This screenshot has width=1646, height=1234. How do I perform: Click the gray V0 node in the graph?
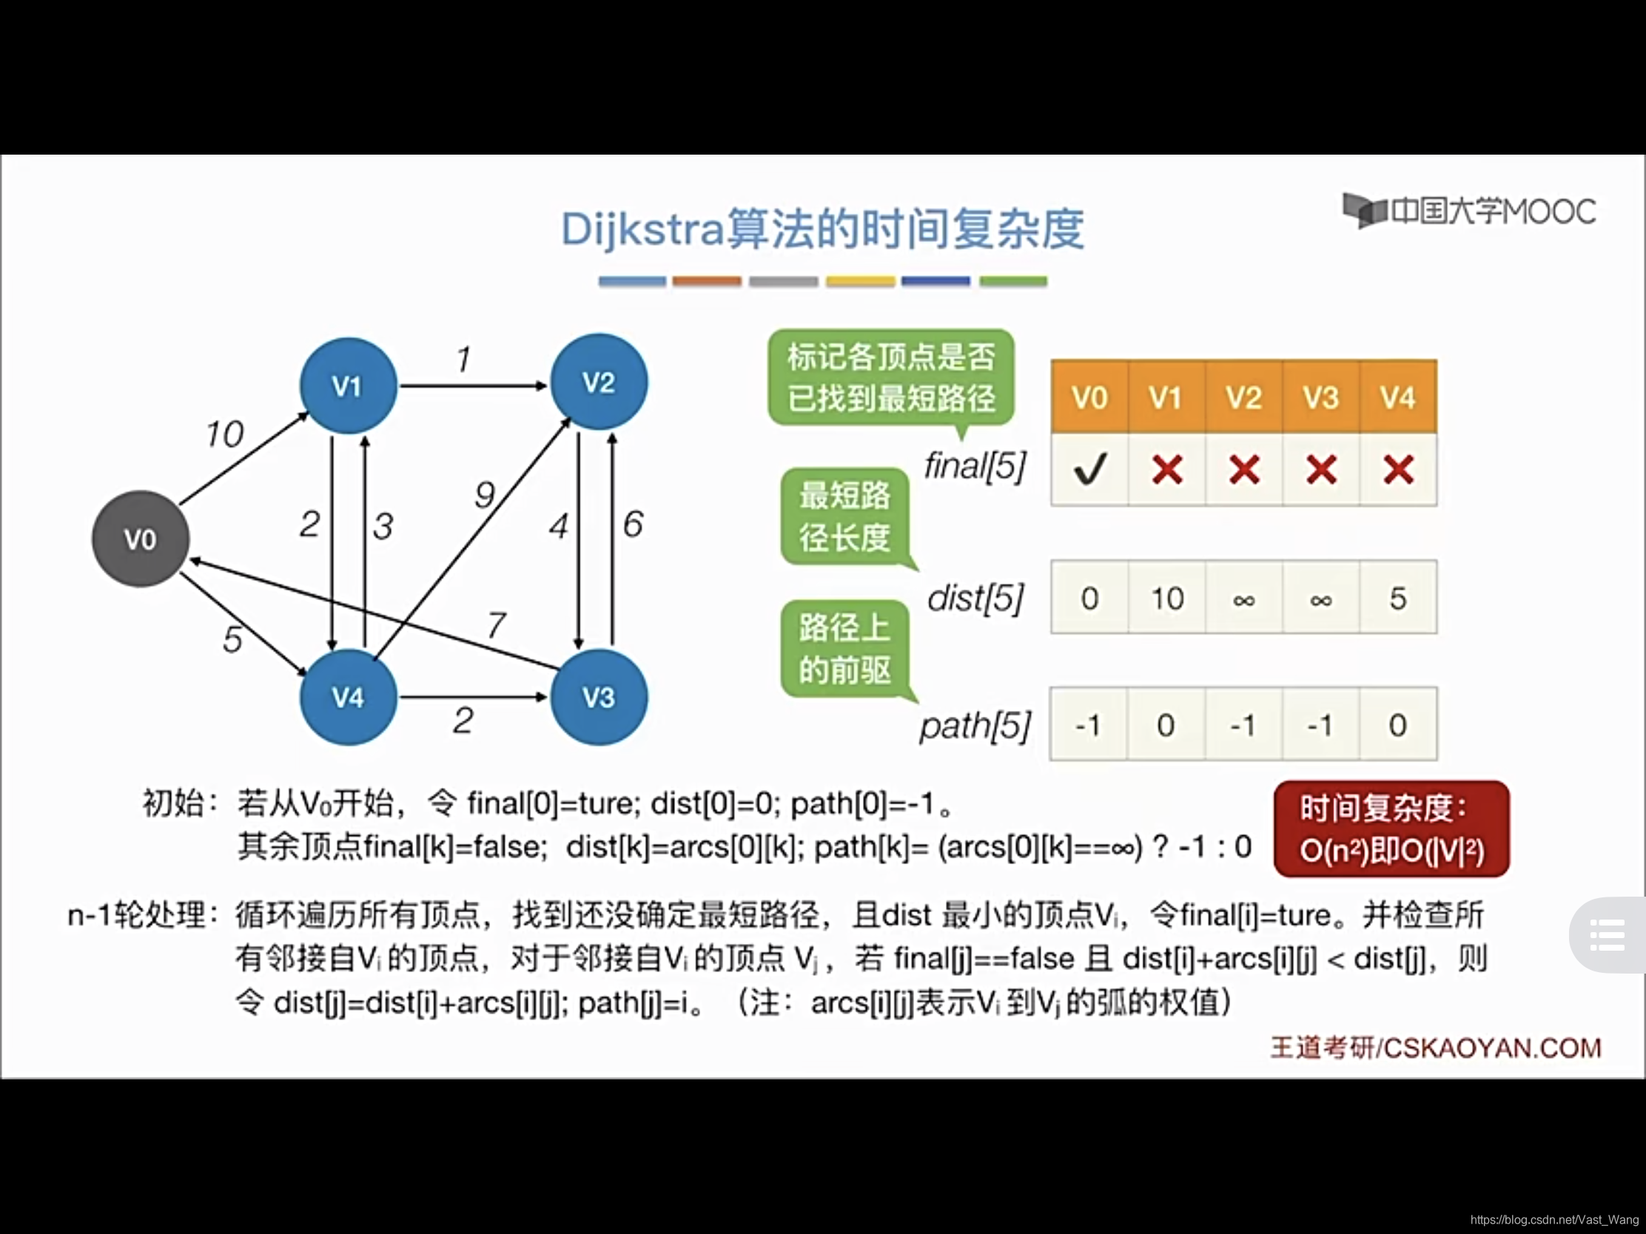pyautogui.click(x=140, y=539)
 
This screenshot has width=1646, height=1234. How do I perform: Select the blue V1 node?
pyautogui.click(x=348, y=385)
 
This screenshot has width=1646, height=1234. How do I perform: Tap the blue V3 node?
pyautogui.click(x=598, y=697)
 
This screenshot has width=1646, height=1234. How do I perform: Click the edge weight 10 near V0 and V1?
pyautogui.click(x=224, y=434)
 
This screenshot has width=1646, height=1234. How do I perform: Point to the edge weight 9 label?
pyautogui.click(x=485, y=494)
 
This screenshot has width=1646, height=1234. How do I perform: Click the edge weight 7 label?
pyautogui.click(x=497, y=624)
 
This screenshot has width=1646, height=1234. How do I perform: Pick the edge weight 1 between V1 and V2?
pyautogui.click(x=463, y=360)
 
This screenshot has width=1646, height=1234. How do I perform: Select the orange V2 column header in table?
pyautogui.click(x=1243, y=397)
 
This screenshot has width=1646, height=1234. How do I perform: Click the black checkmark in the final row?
pyautogui.click(x=1089, y=469)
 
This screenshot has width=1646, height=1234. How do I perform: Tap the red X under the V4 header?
pyautogui.click(x=1397, y=469)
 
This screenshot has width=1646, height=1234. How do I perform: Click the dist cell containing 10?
pyautogui.click(x=1167, y=598)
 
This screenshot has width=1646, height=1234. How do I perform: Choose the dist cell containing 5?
pyautogui.click(x=1397, y=598)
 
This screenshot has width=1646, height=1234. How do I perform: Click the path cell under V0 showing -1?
pyautogui.click(x=1088, y=724)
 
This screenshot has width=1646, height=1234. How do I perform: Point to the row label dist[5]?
pyautogui.click(x=975, y=598)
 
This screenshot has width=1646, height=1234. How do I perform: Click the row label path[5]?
pyautogui.click(x=975, y=725)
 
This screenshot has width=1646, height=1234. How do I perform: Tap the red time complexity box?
pyautogui.click(x=1391, y=829)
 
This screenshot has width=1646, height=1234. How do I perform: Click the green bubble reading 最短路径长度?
pyautogui.click(x=844, y=516)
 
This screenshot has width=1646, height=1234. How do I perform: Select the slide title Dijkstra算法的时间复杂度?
pyautogui.click(x=822, y=229)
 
